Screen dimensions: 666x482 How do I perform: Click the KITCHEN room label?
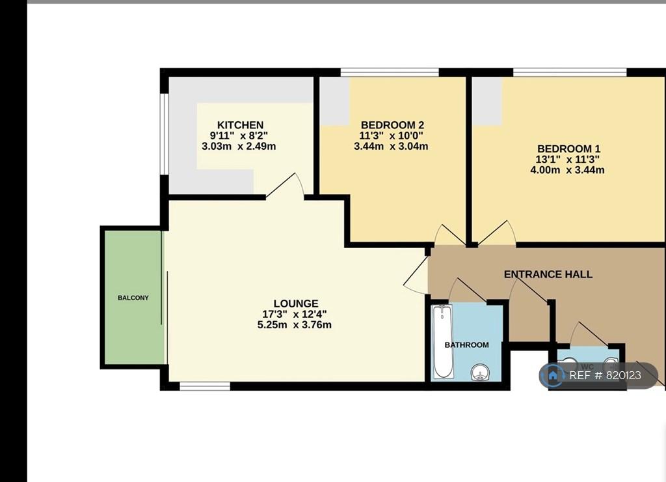pyautogui.click(x=240, y=125)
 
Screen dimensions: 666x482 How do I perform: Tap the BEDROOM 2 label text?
pyautogui.click(x=392, y=125)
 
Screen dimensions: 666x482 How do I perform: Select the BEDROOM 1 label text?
pyautogui.click(x=568, y=149)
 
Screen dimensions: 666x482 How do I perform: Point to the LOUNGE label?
pyautogui.click(x=296, y=304)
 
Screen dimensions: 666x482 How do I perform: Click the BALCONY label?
pyautogui.click(x=133, y=298)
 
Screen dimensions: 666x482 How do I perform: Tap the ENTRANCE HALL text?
pyautogui.click(x=548, y=274)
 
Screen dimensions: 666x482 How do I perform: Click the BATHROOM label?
pyautogui.click(x=466, y=345)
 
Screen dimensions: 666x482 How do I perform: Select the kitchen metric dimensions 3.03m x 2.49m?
pyautogui.click(x=239, y=147)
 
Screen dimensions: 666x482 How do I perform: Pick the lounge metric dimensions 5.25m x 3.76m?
pyautogui.click(x=295, y=325)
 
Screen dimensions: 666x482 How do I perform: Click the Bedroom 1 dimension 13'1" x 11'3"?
pyautogui.click(x=567, y=160)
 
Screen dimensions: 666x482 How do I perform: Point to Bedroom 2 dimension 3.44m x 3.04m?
pyautogui.click(x=391, y=147)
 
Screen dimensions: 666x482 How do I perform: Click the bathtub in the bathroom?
pyautogui.click(x=442, y=342)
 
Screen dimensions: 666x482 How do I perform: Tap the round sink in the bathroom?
pyautogui.click(x=480, y=373)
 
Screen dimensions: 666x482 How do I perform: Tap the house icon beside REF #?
pyautogui.click(x=553, y=375)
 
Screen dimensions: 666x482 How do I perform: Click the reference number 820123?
pyautogui.click(x=623, y=375)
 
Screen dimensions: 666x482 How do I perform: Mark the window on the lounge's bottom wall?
pyautogui.click(x=205, y=386)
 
